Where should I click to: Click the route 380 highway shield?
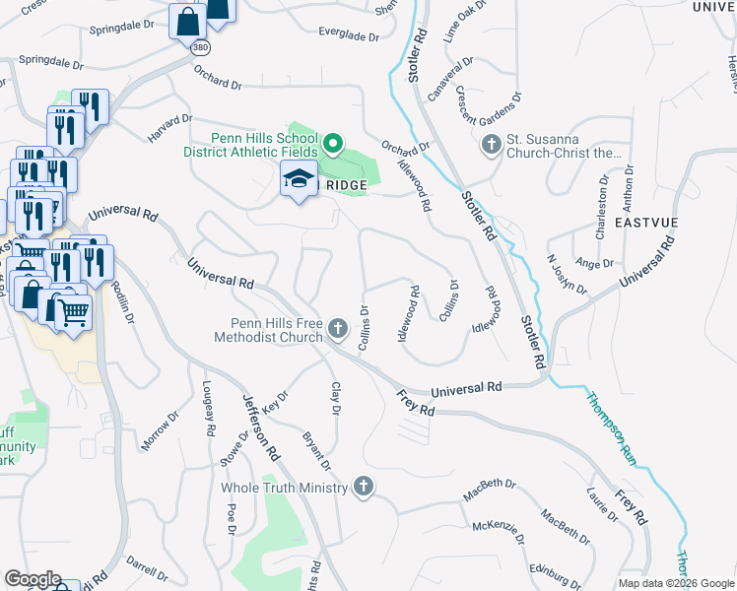(200, 46)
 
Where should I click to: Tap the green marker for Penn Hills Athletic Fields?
(333, 146)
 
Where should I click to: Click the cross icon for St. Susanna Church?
(491, 146)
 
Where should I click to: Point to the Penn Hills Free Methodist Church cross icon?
(338, 329)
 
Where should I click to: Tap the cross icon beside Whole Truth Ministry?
(364, 487)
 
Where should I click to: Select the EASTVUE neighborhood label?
(645, 224)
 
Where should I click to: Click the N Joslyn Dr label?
(567, 276)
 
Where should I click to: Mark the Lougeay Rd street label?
(209, 409)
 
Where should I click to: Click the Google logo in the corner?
(33, 579)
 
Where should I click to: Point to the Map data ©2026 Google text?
(675, 583)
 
